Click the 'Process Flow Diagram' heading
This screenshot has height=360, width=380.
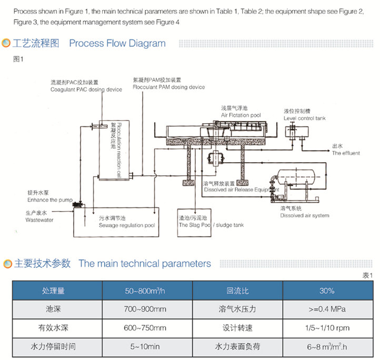[x=117, y=44]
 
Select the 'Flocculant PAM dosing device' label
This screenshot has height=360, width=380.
[x=169, y=87]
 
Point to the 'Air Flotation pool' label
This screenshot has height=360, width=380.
[x=241, y=115]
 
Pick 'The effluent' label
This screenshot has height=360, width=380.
[x=346, y=153]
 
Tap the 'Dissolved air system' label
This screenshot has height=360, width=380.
[x=304, y=215]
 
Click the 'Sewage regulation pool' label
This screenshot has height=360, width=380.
[x=127, y=225]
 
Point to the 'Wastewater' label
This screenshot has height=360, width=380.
[x=39, y=220]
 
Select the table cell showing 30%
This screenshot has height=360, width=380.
[x=326, y=291]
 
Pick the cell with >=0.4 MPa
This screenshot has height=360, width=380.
[x=326, y=309]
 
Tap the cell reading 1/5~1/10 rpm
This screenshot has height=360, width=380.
[x=326, y=328]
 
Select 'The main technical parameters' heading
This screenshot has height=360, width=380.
[x=144, y=264]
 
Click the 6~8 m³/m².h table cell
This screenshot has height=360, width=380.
[x=326, y=347]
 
